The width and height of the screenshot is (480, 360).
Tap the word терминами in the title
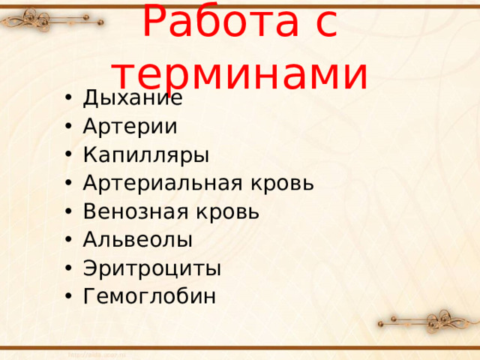239,73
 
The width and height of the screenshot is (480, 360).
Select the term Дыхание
132,98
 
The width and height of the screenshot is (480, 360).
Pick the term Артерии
130,126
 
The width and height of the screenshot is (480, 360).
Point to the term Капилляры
145,155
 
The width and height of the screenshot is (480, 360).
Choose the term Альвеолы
137,240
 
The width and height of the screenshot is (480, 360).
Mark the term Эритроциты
151,268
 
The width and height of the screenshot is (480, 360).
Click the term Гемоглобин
149,297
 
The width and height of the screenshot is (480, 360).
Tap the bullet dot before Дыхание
69,98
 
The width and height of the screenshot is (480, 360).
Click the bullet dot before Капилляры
69,155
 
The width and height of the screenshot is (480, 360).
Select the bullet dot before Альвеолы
69,240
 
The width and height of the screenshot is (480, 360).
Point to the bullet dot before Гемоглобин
69,297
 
